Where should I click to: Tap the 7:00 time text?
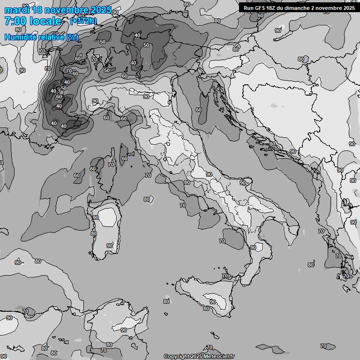[15, 21]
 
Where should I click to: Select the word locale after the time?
[45, 21]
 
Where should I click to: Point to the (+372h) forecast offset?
[84, 21]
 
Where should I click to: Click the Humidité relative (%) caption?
[41, 37]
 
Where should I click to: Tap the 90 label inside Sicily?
[212, 302]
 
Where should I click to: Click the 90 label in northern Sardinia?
[96, 217]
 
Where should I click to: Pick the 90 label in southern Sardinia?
[110, 246]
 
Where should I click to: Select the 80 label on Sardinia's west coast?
[93, 233]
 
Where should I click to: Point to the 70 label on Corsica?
[111, 165]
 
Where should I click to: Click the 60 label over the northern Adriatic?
[199, 110]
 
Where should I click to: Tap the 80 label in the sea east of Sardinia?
[147, 199]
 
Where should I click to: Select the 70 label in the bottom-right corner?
[323, 346]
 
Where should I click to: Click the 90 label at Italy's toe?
[253, 247]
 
